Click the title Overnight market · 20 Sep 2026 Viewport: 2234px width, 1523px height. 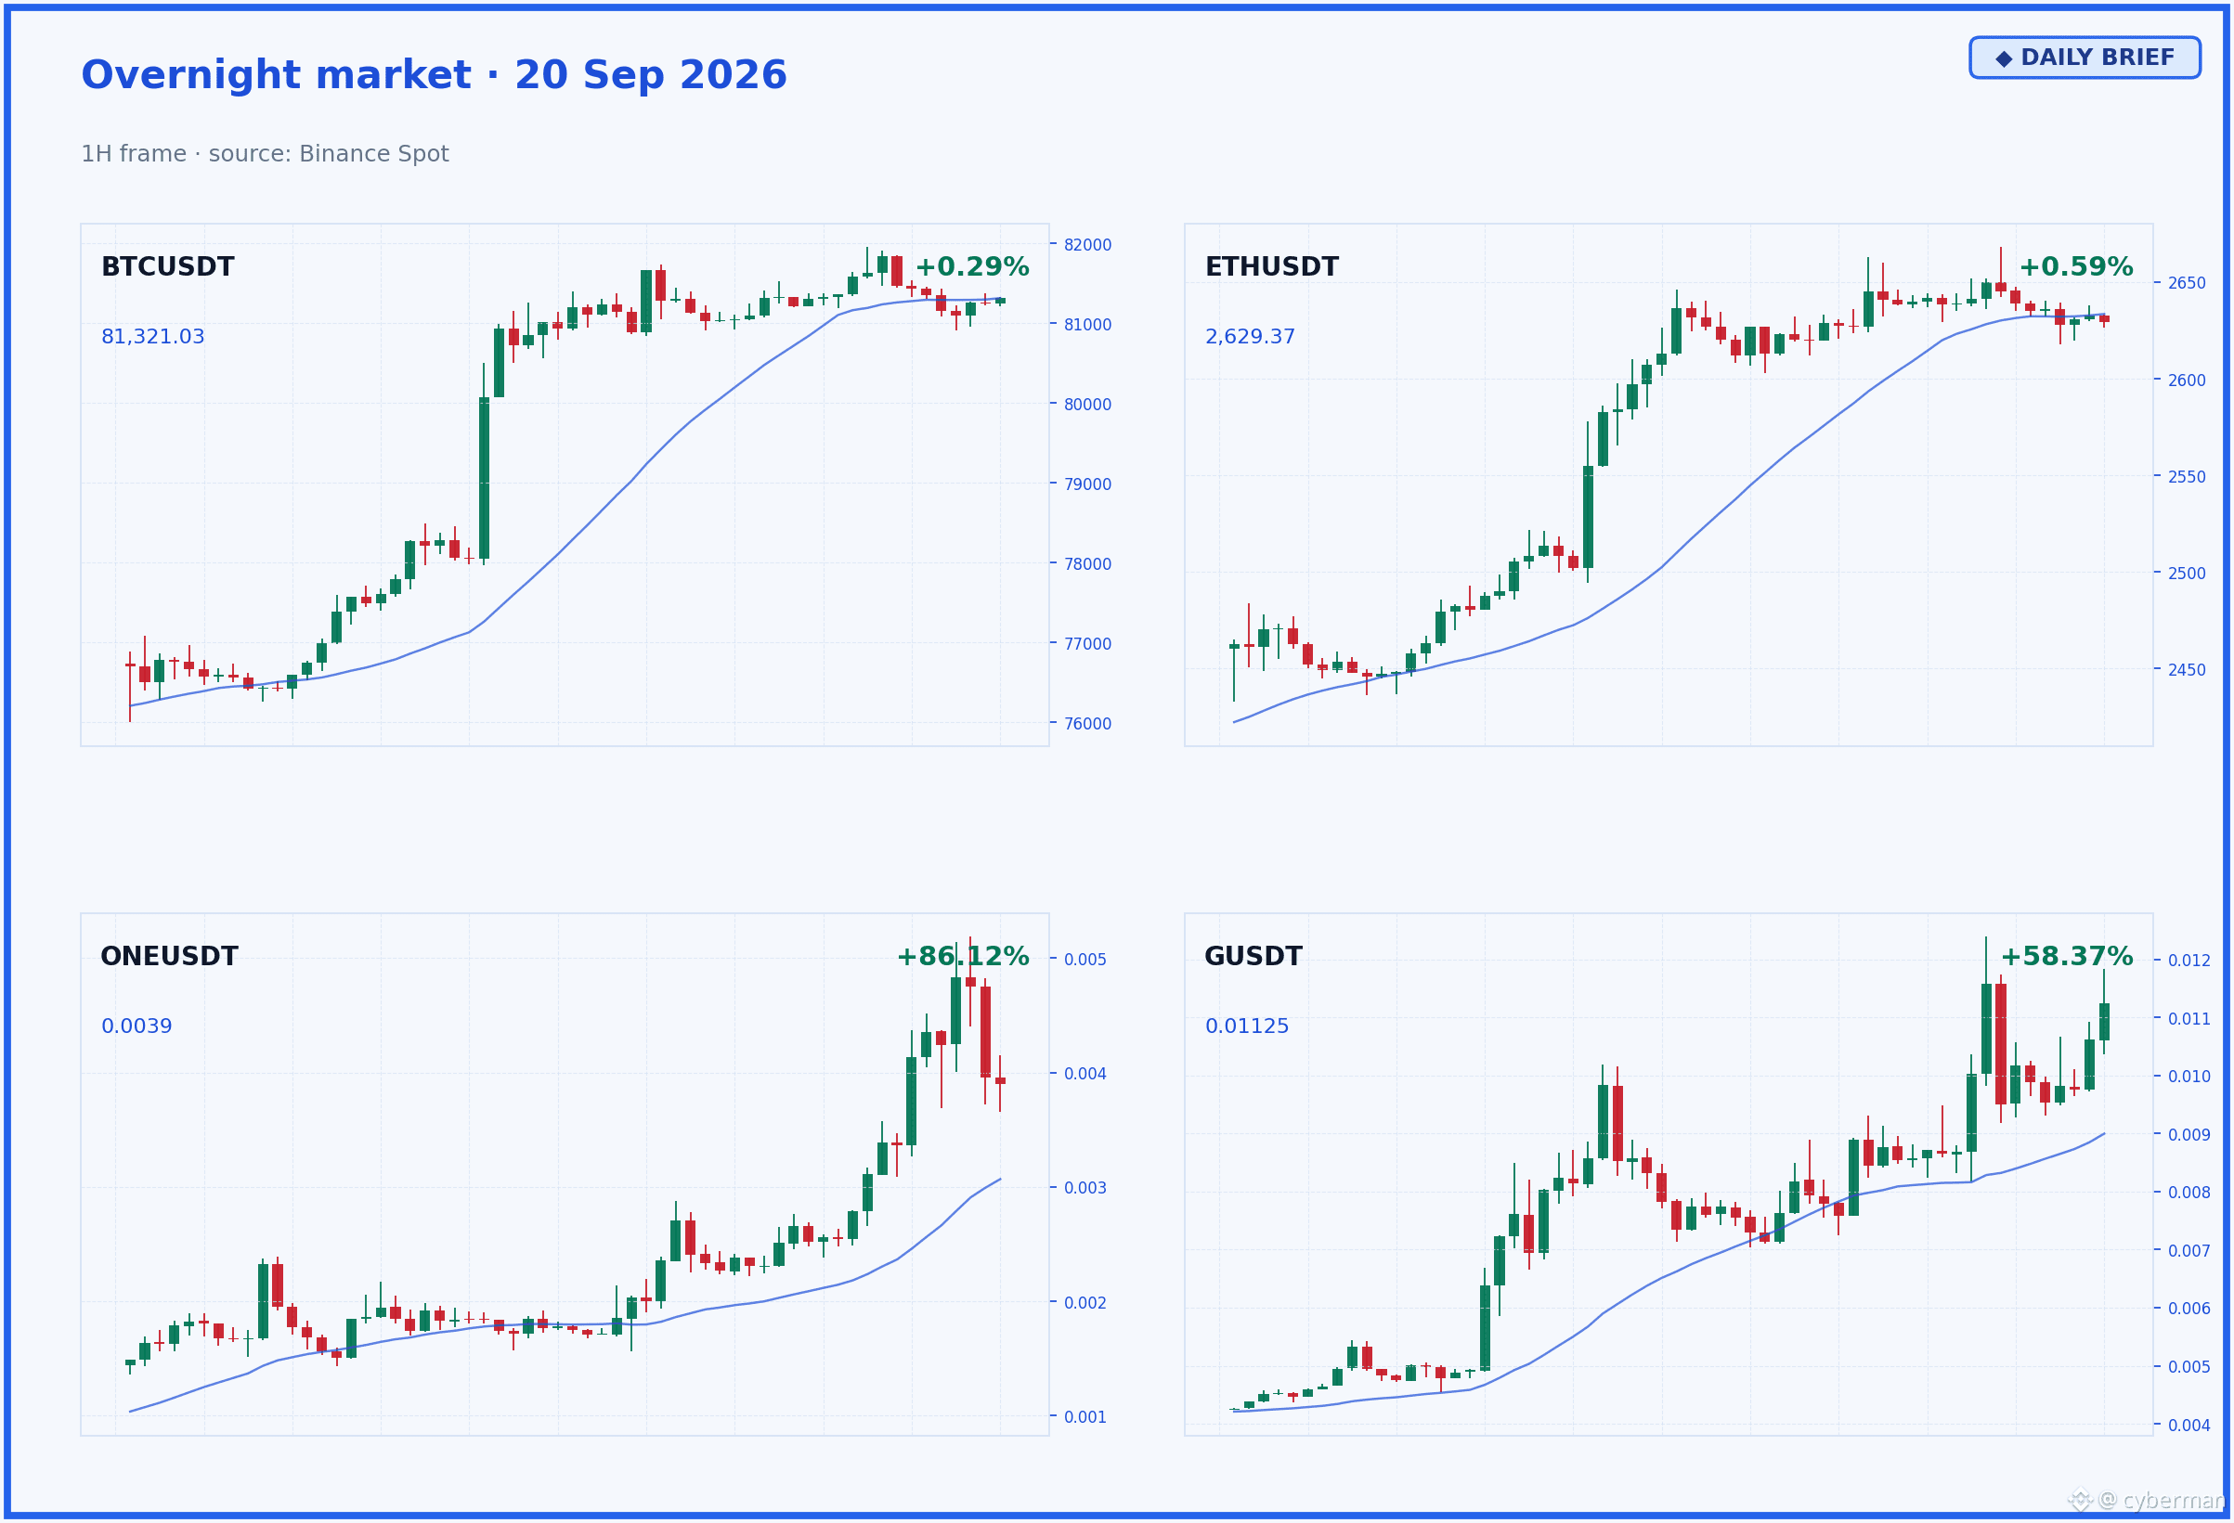pos(434,75)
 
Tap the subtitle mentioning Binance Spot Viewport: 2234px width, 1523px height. pos(265,154)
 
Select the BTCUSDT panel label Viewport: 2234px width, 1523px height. pos(167,267)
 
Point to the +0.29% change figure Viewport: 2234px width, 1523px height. pos(971,267)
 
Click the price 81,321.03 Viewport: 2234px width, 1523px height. pos(153,336)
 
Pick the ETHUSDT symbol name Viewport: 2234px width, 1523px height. pos(1271,267)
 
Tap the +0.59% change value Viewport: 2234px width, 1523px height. pos(2075,267)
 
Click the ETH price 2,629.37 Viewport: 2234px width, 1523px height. pos(1250,336)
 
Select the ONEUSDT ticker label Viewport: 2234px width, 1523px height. pos(169,956)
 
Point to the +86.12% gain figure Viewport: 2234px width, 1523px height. pos(962,956)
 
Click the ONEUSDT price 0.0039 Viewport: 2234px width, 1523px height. pos(136,1026)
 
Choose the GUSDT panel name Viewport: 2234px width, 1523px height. pos(1253,956)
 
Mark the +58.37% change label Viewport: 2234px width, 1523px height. pos(2067,956)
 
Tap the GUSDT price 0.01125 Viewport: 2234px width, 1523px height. pos(1247,1026)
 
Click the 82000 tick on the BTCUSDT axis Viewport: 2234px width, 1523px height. pos(1087,245)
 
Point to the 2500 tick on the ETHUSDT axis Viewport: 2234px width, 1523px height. pos(2187,574)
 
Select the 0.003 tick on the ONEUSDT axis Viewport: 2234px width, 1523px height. pos(1085,1188)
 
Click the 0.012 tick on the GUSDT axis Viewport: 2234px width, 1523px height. pos(2189,961)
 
